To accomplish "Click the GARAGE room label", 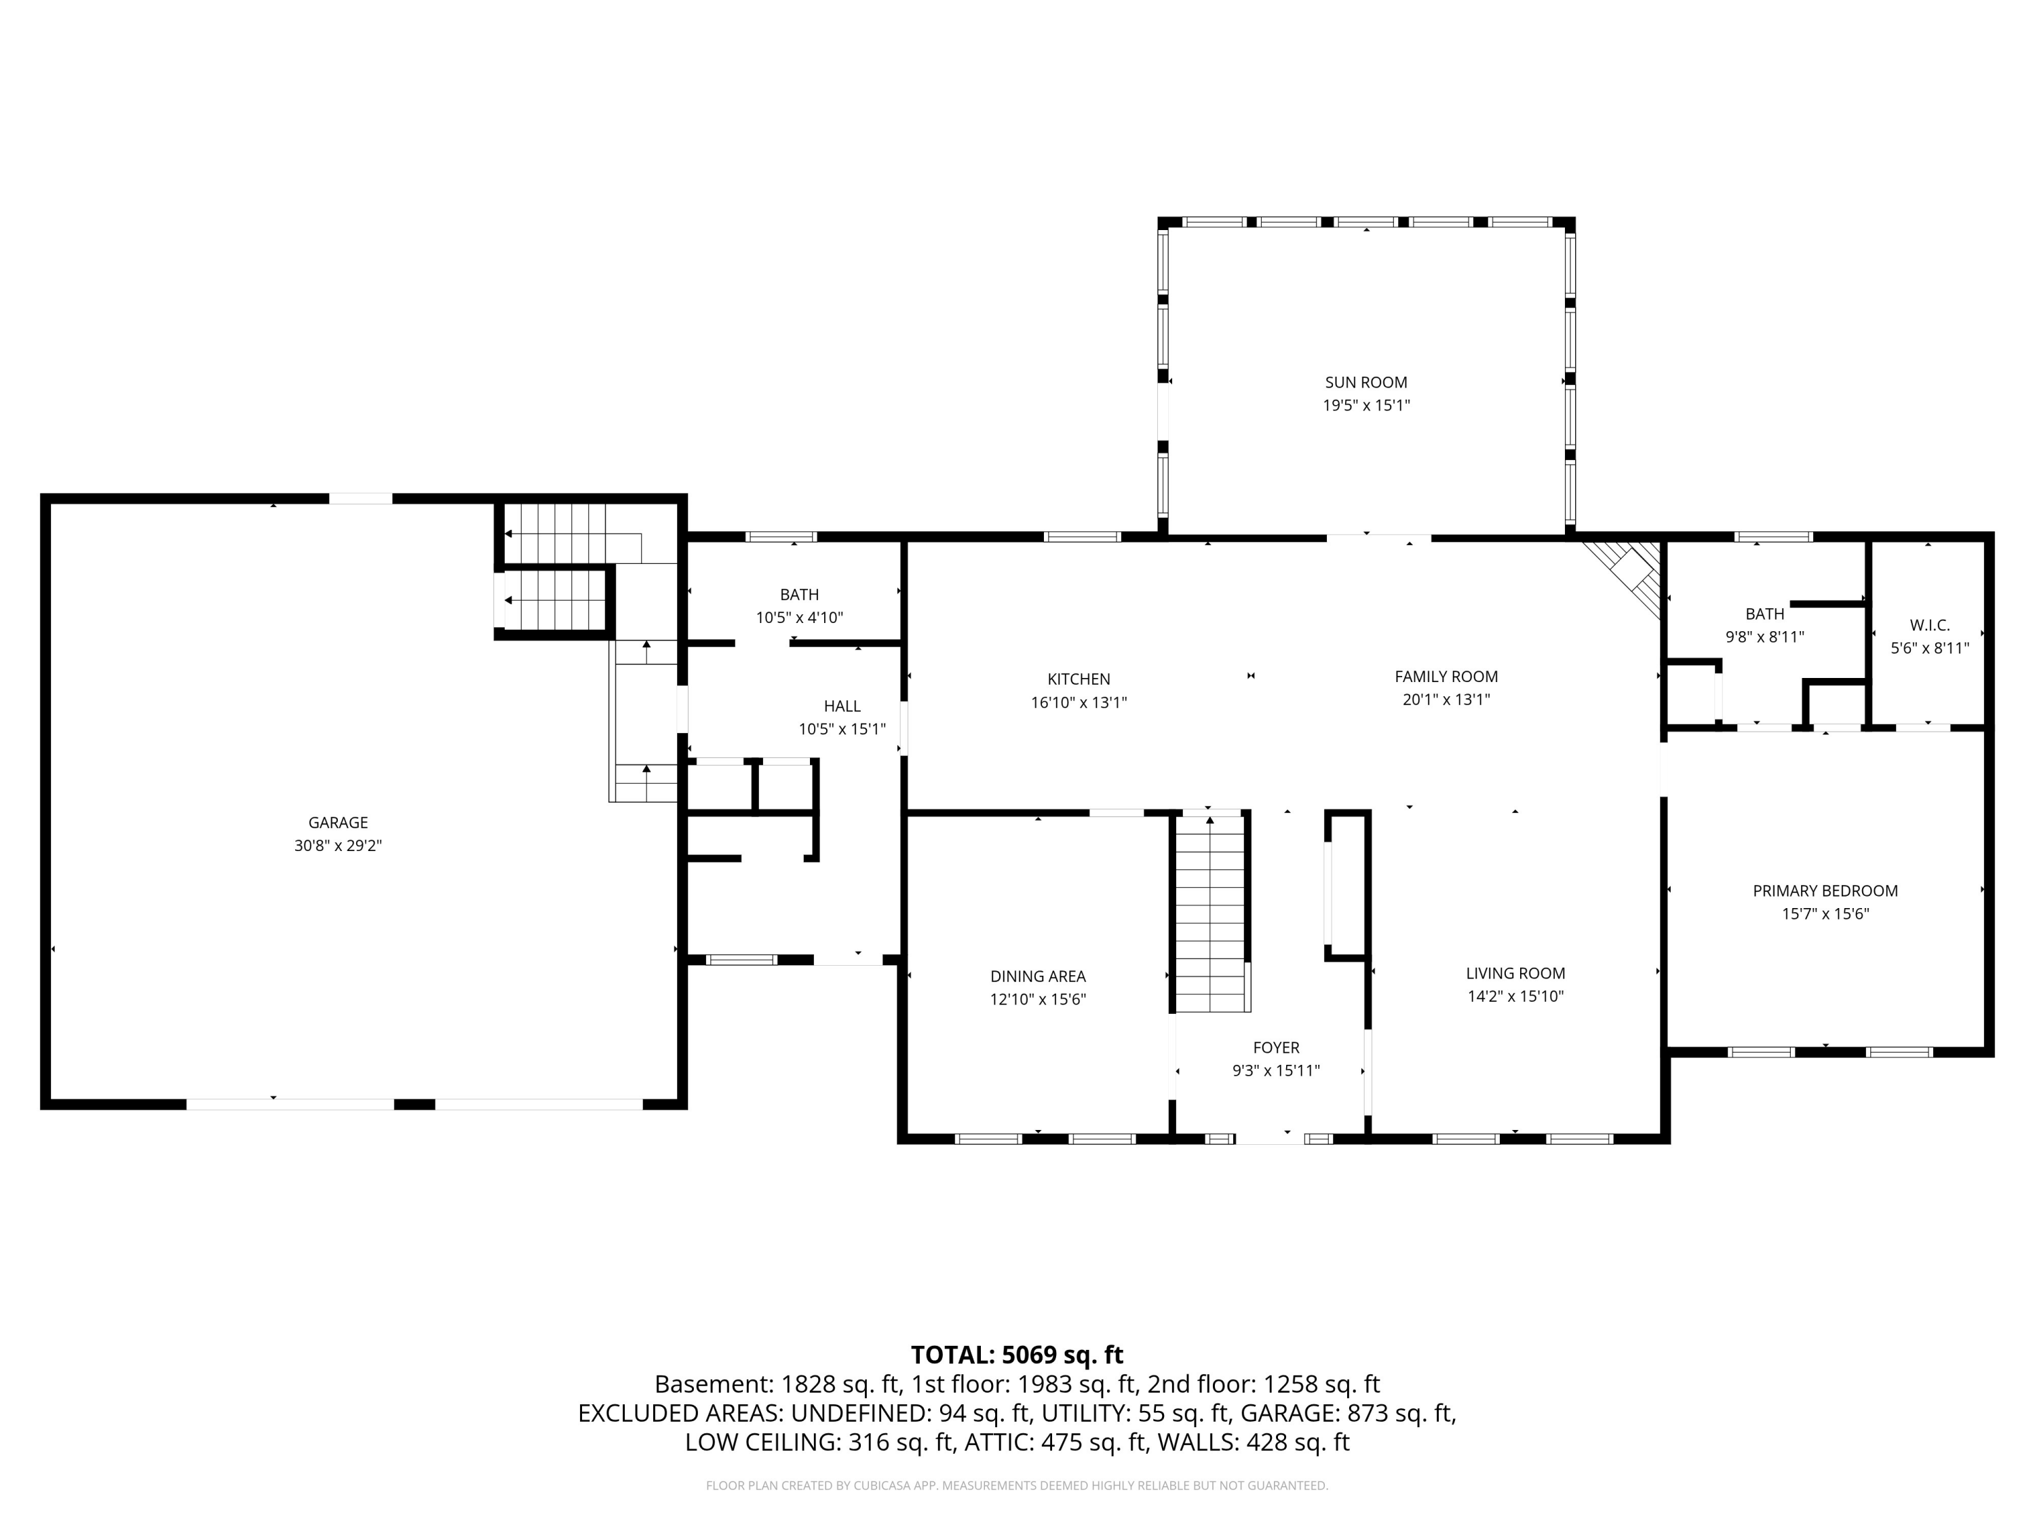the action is pos(338,823).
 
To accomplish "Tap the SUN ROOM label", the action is pos(1366,382).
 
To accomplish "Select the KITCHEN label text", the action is pos(1079,679).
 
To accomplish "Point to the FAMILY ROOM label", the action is pos(1446,677).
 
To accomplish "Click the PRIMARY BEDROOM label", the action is pos(1825,891).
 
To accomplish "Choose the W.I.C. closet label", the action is pos(1930,626).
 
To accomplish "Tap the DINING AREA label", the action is pos(1038,977).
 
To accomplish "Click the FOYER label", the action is pos(1276,1047).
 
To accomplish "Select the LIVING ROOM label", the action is pos(1515,973).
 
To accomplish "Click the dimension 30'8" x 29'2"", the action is pos(338,846).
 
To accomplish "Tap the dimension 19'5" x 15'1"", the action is pos(1366,405).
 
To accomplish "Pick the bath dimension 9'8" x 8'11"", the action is pos(1764,637).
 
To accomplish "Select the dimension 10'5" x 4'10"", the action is pos(800,618).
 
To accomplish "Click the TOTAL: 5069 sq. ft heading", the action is pos(1017,1355).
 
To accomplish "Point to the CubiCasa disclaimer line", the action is pos(1017,1486).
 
